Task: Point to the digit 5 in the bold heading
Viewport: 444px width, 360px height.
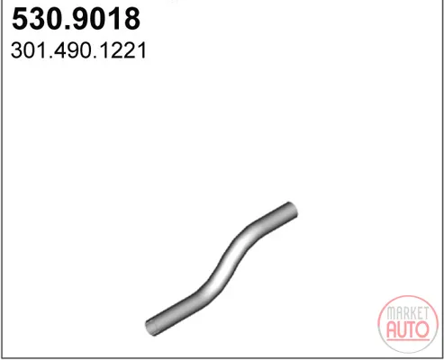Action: coord(20,19)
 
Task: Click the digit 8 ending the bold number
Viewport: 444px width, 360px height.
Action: coord(131,19)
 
